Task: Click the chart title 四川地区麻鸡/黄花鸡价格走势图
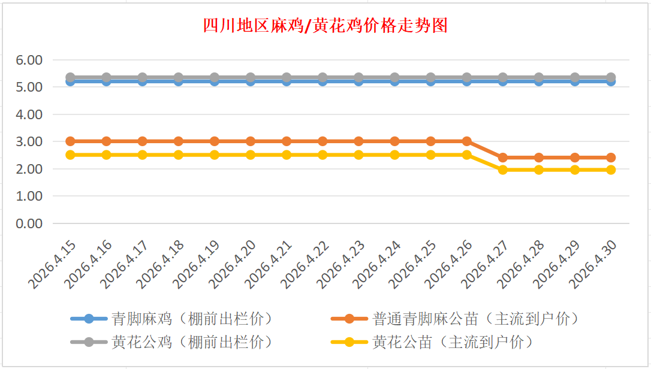[325, 26]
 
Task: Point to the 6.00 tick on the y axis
[29, 60]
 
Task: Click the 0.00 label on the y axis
[29, 223]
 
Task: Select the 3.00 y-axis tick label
[29, 142]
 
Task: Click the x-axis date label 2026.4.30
[596, 264]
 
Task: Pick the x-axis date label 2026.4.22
[308, 264]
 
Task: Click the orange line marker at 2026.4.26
[467, 141]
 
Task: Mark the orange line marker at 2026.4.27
[503, 158]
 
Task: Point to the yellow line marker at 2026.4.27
[503, 170]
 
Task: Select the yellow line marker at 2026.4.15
[70, 155]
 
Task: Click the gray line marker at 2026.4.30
[611, 77]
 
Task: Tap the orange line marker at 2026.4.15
[70, 141]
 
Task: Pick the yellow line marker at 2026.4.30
[611, 170]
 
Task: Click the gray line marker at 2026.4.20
[251, 77]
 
